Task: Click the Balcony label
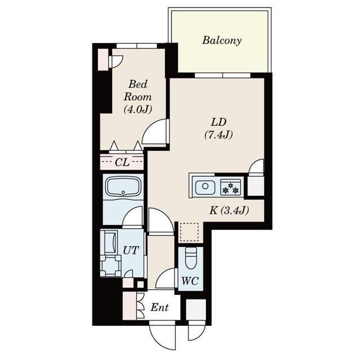pyautogui.click(x=222, y=40)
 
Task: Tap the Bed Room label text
pyautogui.click(x=138, y=90)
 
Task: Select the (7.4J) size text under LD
pyautogui.click(x=218, y=134)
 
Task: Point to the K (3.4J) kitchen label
pyautogui.click(x=229, y=211)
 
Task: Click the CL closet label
pyautogui.click(x=122, y=163)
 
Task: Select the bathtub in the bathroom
pyautogui.click(x=123, y=187)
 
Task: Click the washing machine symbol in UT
pyautogui.click(x=110, y=264)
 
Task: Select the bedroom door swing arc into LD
pyautogui.click(x=156, y=133)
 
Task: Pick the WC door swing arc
pyautogui.click(x=166, y=278)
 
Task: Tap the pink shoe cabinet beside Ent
pyautogui.click(x=129, y=305)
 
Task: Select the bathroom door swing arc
pyautogui.click(x=133, y=217)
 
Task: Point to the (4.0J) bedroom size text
pyautogui.click(x=138, y=109)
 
